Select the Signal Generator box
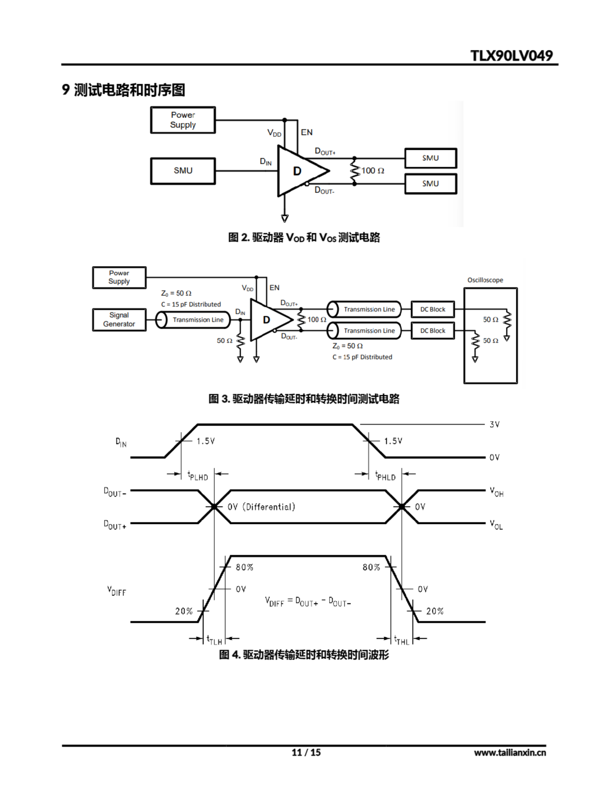click(x=119, y=319)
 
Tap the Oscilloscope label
click(x=485, y=280)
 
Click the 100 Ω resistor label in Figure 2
click(x=372, y=171)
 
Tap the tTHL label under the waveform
click(x=401, y=640)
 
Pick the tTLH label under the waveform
click(x=214, y=640)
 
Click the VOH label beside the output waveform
click(x=496, y=492)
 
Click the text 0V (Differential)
click(x=261, y=507)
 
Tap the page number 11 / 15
click(x=306, y=752)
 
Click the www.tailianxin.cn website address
click(x=510, y=752)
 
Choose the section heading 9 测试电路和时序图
click(x=123, y=90)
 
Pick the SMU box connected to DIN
click(x=183, y=171)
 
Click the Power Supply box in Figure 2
click(x=183, y=120)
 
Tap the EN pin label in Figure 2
click(x=307, y=132)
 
